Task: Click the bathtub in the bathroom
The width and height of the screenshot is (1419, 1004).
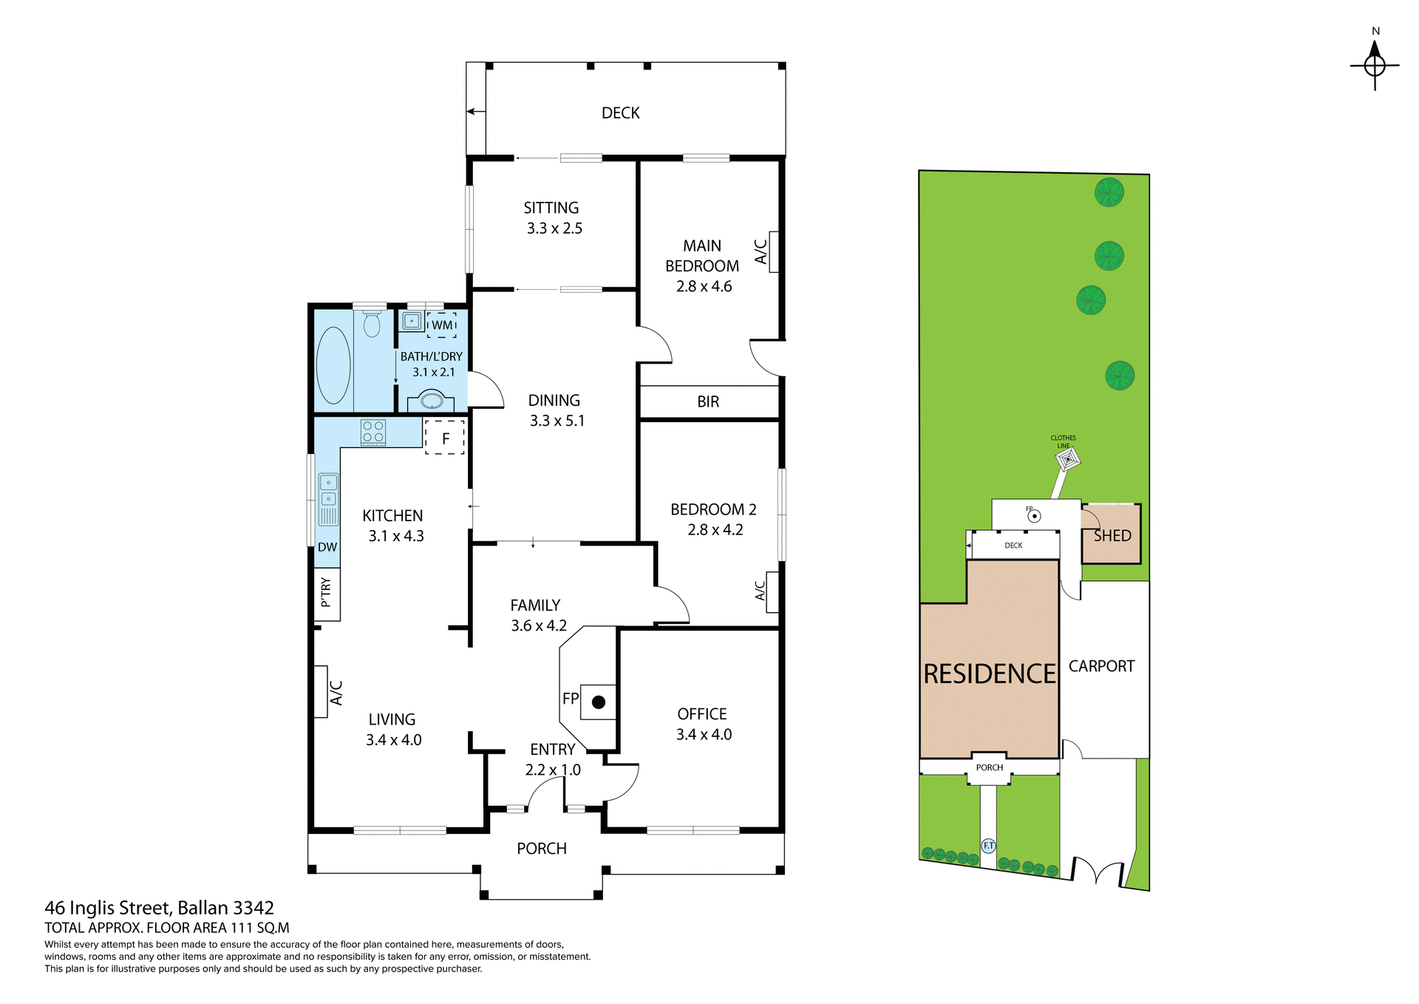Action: pyautogui.click(x=333, y=364)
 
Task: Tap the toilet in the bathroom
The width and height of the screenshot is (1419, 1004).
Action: pyautogui.click(x=372, y=324)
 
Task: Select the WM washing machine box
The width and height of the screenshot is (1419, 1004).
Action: pyautogui.click(x=442, y=325)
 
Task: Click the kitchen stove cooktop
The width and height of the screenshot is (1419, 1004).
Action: pyautogui.click(x=372, y=433)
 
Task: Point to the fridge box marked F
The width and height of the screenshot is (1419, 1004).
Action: pyautogui.click(x=445, y=438)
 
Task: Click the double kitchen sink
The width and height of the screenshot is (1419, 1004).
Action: pyautogui.click(x=328, y=490)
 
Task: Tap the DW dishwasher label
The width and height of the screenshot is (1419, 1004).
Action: pyautogui.click(x=327, y=547)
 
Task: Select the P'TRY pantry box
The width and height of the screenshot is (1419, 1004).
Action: pyautogui.click(x=327, y=594)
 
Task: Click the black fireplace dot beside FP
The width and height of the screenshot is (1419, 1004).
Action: pyautogui.click(x=599, y=702)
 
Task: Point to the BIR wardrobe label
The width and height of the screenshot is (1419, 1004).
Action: pyautogui.click(x=708, y=401)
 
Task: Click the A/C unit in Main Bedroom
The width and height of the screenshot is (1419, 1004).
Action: pyautogui.click(x=774, y=251)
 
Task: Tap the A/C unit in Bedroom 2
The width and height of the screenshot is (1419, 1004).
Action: pyautogui.click(x=772, y=591)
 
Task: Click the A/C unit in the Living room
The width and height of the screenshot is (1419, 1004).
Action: pyautogui.click(x=321, y=691)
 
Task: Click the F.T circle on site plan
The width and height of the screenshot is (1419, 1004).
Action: pyautogui.click(x=988, y=845)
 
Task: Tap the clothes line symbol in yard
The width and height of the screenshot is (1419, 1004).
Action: pyautogui.click(x=1068, y=459)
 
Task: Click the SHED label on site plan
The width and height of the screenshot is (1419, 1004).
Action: pyautogui.click(x=1112, y=535)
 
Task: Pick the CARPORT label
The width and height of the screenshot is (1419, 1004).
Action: pyautogui.click(x=1101, y=666)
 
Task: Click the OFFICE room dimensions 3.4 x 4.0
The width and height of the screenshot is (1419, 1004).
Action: pyautogui.click(x=704, y=734)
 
